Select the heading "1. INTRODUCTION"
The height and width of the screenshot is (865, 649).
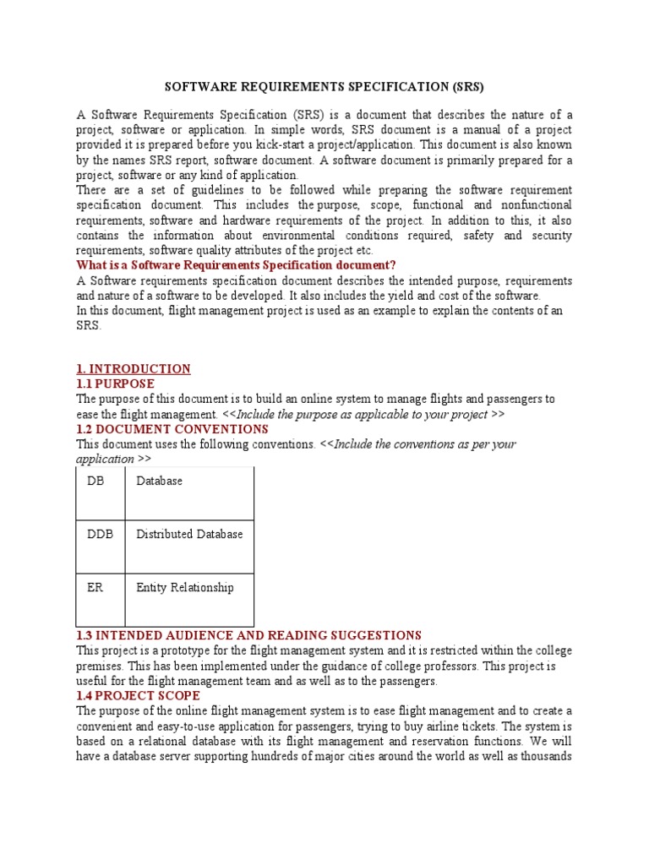point(134,369)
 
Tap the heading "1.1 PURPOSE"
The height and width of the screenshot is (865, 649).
point(115,384)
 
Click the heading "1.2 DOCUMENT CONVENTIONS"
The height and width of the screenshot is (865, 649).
point(172,429)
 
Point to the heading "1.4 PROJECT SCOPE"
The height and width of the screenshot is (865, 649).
point(138,696)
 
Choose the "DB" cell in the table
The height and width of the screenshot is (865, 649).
point(95,481)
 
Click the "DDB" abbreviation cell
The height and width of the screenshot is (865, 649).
point(100,534)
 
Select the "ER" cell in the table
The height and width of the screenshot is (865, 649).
point(95,587)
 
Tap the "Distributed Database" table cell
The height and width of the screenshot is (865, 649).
point(189,534)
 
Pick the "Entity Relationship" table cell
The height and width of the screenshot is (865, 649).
point(185,587)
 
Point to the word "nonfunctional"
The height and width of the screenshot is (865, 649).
point(535,205)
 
